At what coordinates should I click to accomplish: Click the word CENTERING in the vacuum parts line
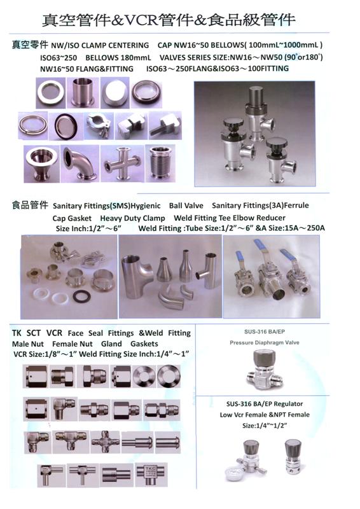[129, 45]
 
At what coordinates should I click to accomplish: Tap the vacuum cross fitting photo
[121, 164]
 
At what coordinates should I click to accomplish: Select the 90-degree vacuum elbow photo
[80, 164]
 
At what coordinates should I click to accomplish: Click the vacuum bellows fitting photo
[161, 164]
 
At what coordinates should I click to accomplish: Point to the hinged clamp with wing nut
[99, 125]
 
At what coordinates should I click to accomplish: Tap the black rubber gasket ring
[82, 296]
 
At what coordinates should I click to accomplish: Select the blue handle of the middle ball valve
[261, 248]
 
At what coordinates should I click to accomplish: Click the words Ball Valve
[186, 206]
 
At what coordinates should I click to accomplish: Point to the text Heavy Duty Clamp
[132, 218]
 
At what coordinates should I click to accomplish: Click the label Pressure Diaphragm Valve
[265, 343]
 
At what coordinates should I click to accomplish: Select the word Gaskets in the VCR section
[144, 344]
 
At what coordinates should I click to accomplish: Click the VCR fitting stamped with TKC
[151, 475]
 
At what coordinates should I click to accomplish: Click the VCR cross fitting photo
[105, 442]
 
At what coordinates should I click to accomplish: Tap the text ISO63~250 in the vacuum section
[59, 58]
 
